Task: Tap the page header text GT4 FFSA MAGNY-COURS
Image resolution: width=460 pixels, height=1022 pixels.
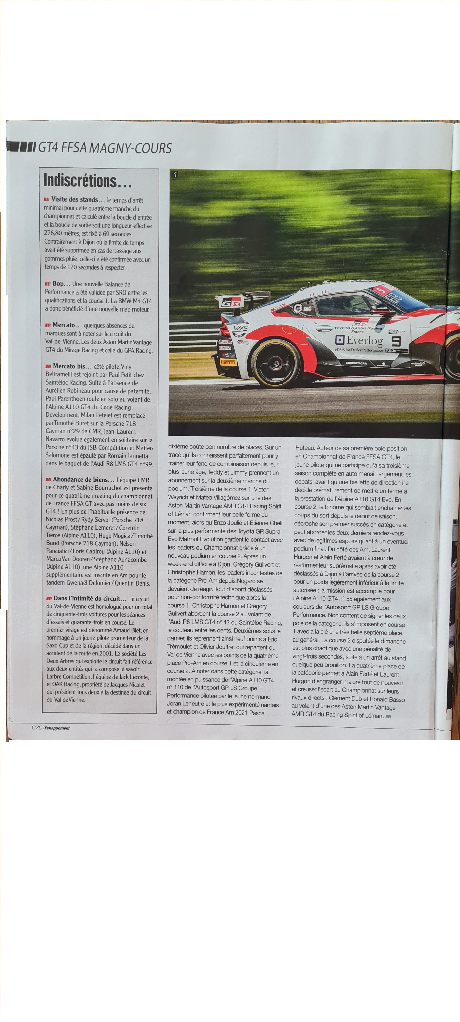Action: click(x=105, y=148)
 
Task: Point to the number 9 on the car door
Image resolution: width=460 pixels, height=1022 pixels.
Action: click(x=396, y=341)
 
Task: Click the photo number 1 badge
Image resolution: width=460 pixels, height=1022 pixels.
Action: click(x=175, y=174)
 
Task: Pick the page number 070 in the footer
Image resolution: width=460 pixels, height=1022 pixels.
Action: click(x=37, y=728)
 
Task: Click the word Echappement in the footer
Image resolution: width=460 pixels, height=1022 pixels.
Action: click(x=57, y=728)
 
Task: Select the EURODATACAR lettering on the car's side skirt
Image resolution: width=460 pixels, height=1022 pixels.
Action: click(x=356, y=363)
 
